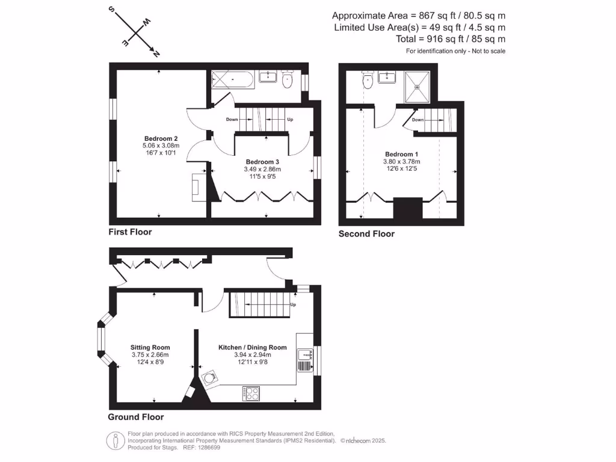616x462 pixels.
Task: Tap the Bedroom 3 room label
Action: [262, 162]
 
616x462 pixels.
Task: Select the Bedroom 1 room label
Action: [399, 154]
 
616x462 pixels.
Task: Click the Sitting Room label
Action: [150, 347]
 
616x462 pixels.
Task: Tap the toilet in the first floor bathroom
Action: [287, 78]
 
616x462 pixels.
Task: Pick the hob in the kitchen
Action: [251, 394]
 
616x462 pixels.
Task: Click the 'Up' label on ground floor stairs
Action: [293, 304]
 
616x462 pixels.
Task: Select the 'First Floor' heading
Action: [130, 232]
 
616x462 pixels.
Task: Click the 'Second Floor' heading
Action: [366, 233]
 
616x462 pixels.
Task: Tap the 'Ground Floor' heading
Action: [135, 416]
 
